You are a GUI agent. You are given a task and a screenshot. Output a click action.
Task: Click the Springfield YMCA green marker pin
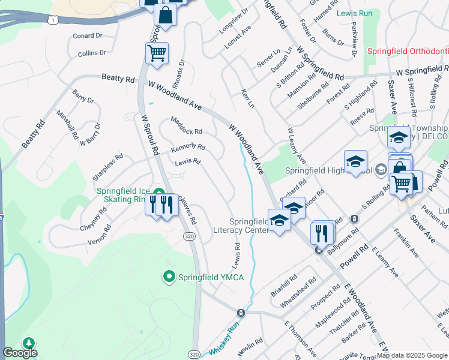point(169,277)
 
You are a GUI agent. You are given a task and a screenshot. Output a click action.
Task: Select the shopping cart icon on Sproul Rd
point(157,53)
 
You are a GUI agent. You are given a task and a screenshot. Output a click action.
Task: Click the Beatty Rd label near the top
point(118,78)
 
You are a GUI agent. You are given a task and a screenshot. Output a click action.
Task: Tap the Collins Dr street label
point(92,53)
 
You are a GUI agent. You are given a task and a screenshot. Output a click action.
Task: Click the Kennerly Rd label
point(188,147)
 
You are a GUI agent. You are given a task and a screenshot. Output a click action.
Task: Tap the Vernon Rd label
point(99,234)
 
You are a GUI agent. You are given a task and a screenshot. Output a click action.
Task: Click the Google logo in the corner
point(20,353)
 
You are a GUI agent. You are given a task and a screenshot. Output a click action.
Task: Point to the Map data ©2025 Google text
point(412,355)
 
